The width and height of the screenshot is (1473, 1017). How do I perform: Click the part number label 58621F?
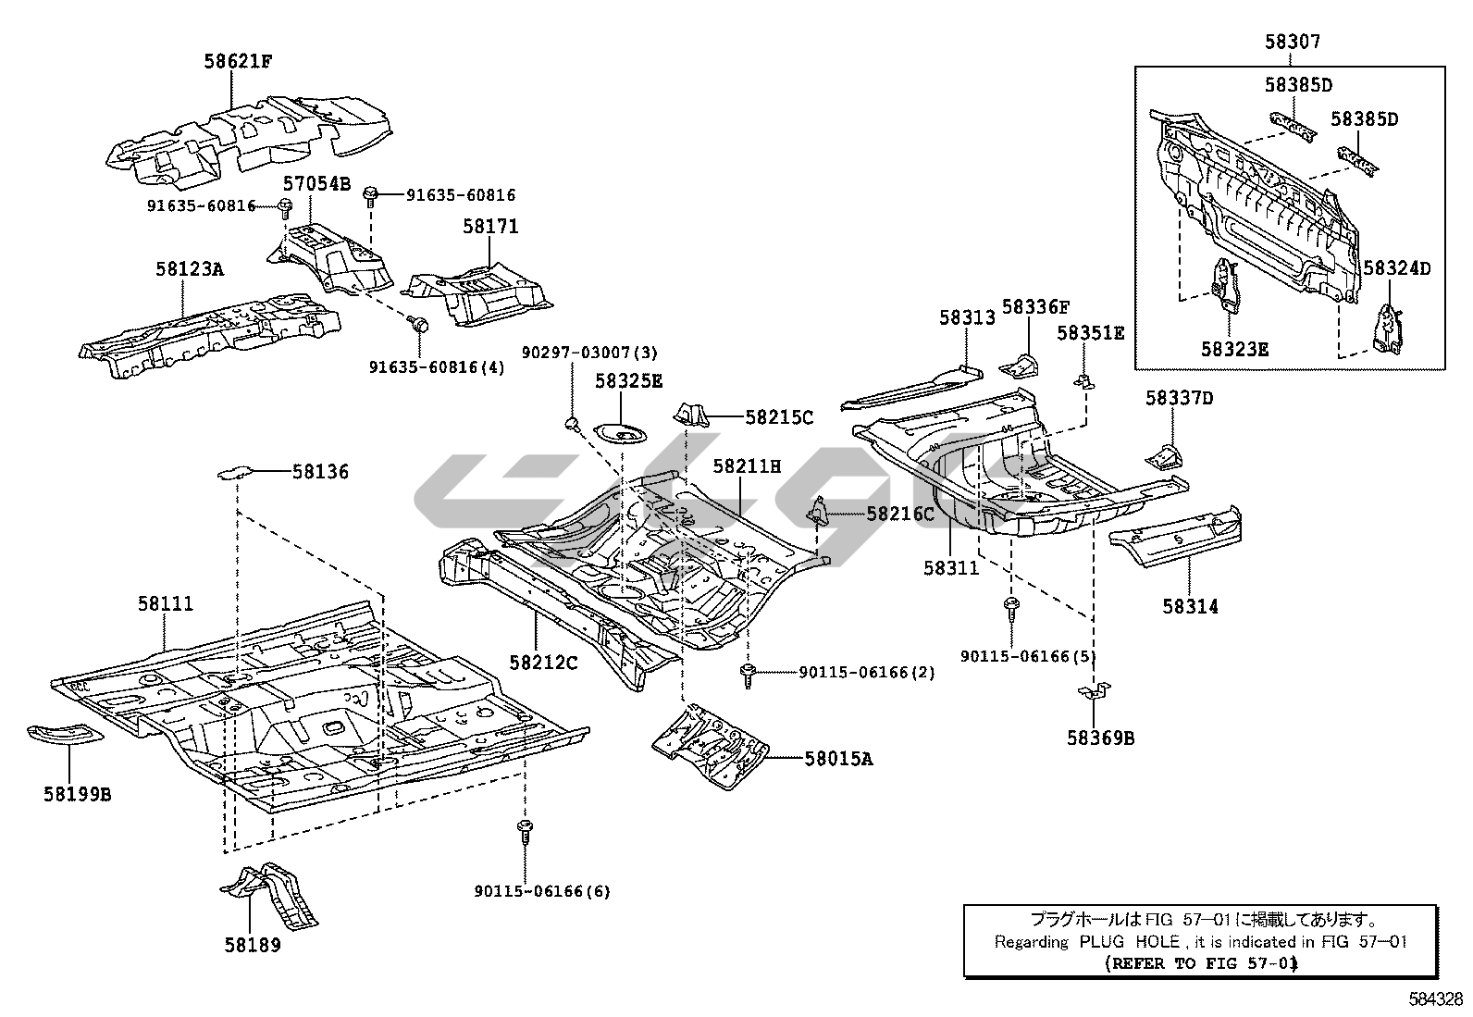239,62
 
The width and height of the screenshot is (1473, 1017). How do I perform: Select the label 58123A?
190,269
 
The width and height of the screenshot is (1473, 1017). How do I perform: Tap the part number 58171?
490,227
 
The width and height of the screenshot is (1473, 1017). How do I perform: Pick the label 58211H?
747,467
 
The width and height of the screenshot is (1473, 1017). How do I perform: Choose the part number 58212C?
543,662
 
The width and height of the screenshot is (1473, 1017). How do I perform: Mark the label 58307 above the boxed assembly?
1293,42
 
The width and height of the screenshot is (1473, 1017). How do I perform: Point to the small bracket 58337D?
1165,455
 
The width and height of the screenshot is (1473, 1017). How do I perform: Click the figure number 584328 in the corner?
1436,999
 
